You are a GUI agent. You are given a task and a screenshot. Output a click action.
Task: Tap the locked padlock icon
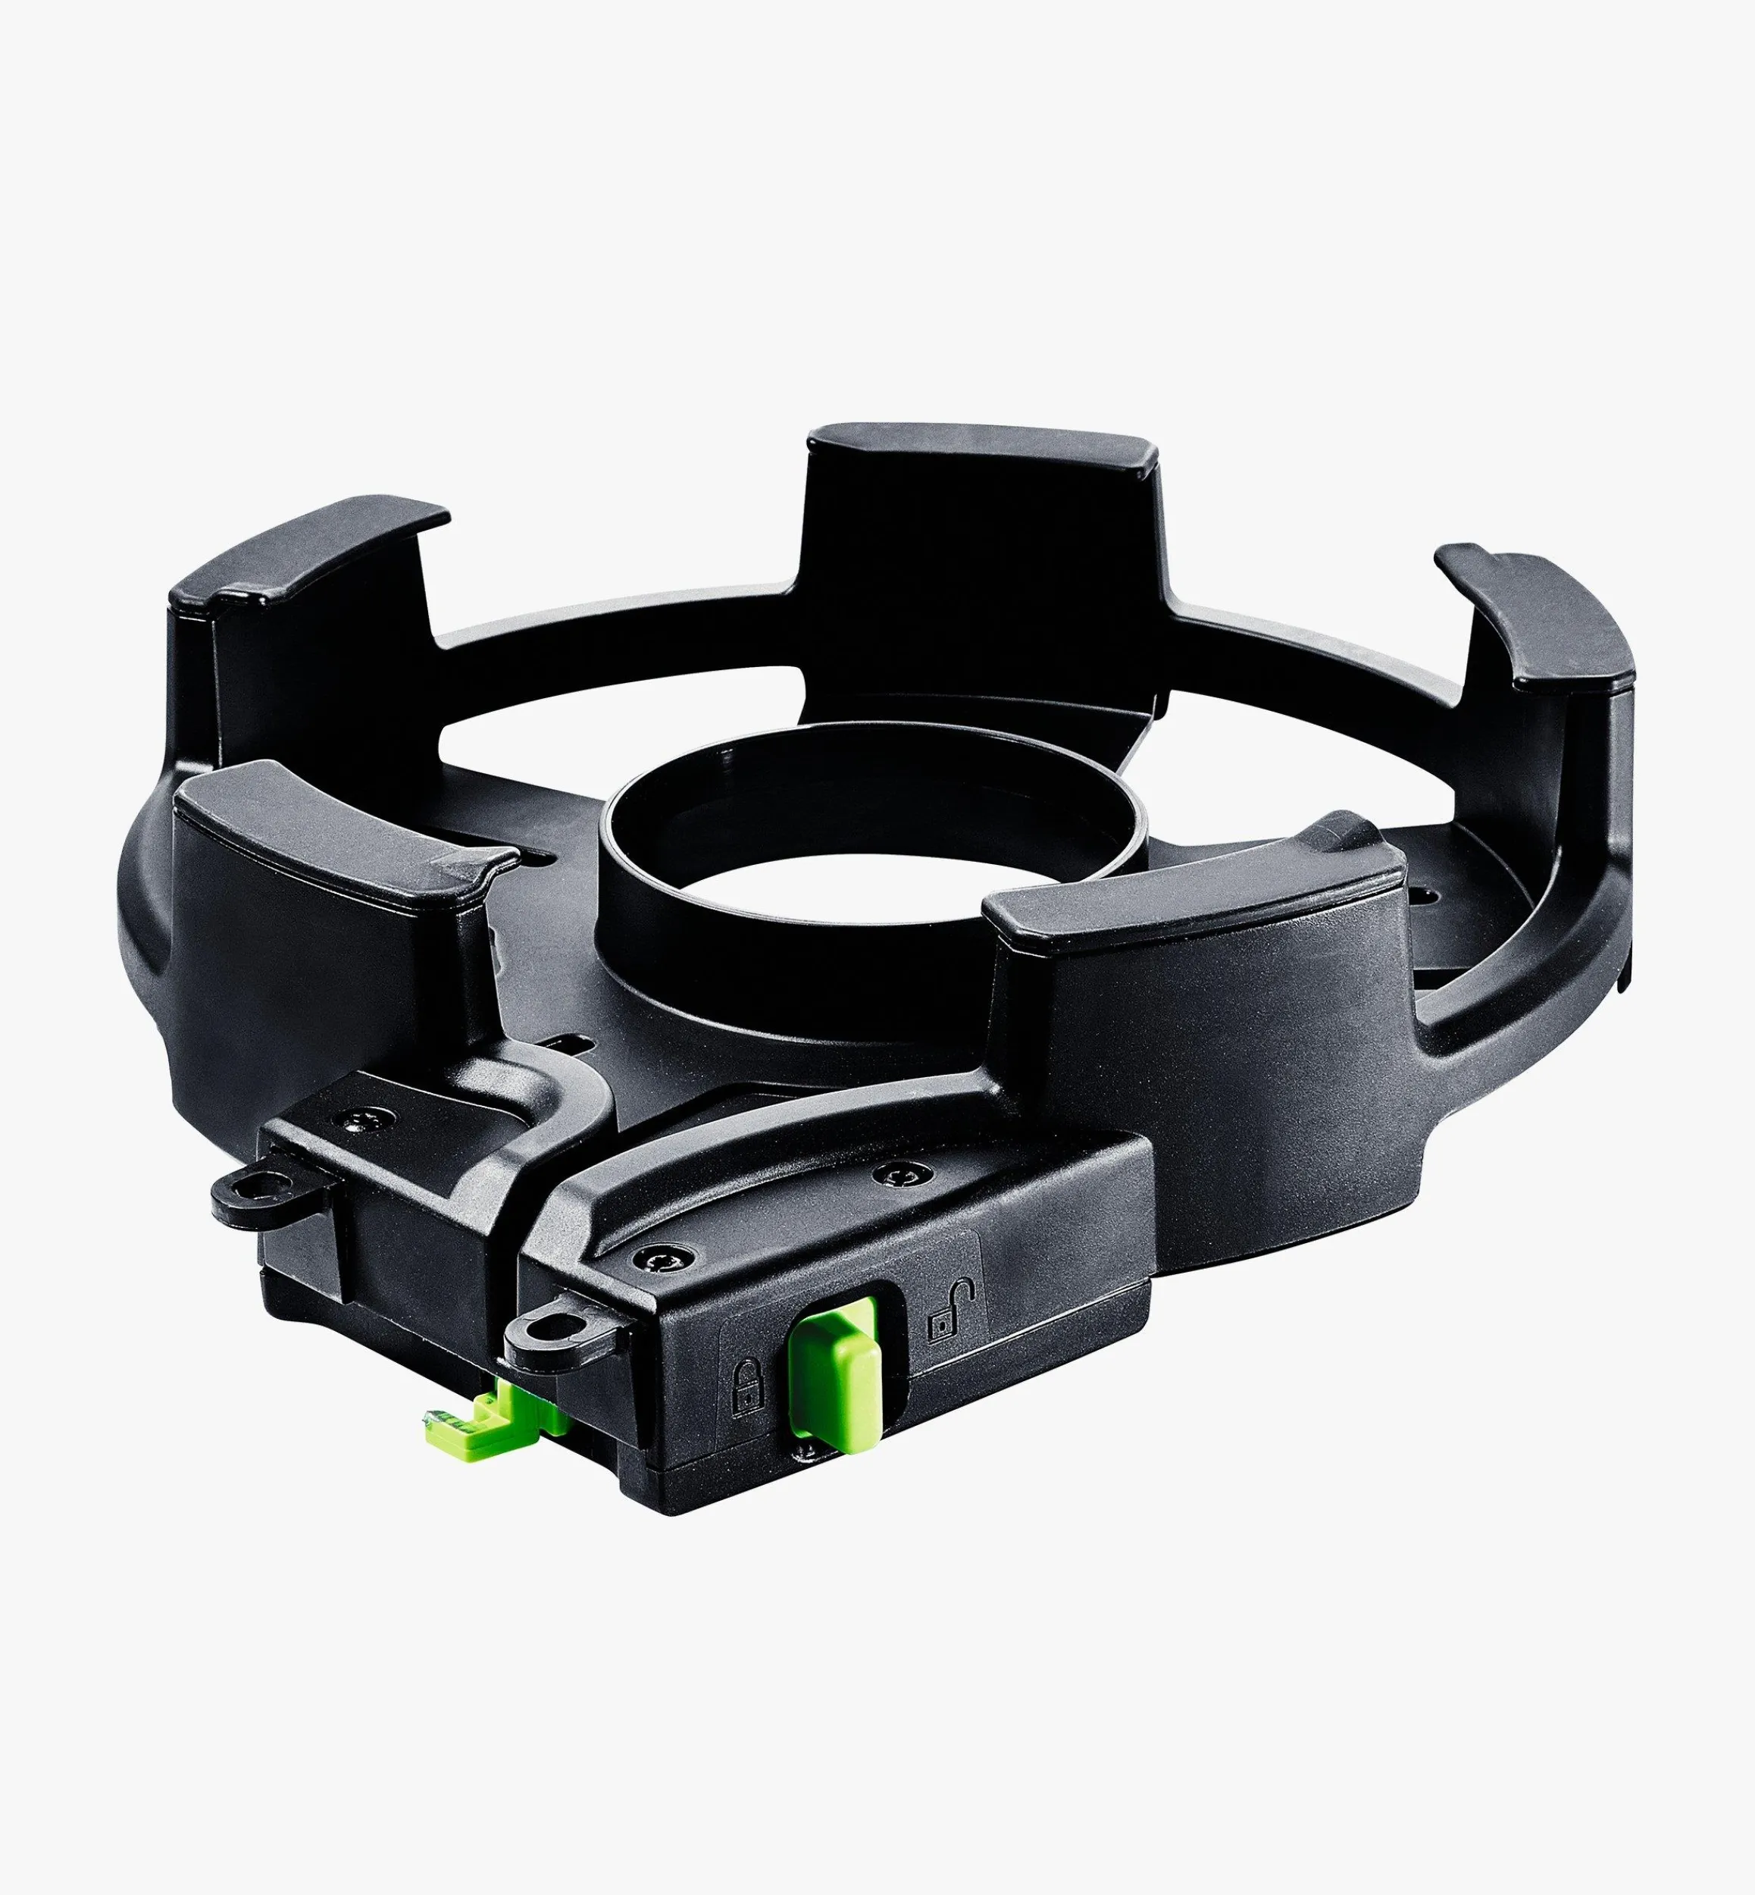(747, 1388)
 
